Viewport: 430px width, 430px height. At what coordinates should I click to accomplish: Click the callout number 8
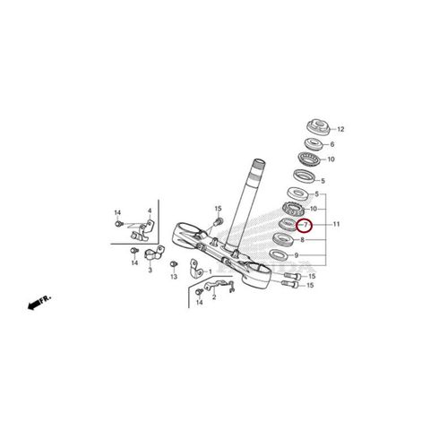(x=305, y=240)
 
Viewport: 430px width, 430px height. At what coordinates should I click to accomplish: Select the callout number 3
(x=150, y=269)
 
